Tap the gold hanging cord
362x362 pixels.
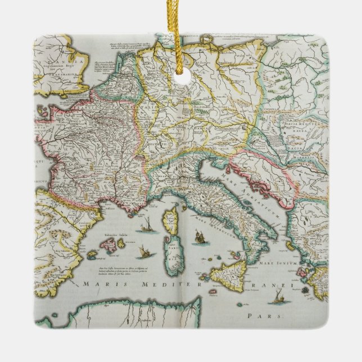pos(182,34)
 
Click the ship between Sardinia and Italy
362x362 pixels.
pos(198,237)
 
